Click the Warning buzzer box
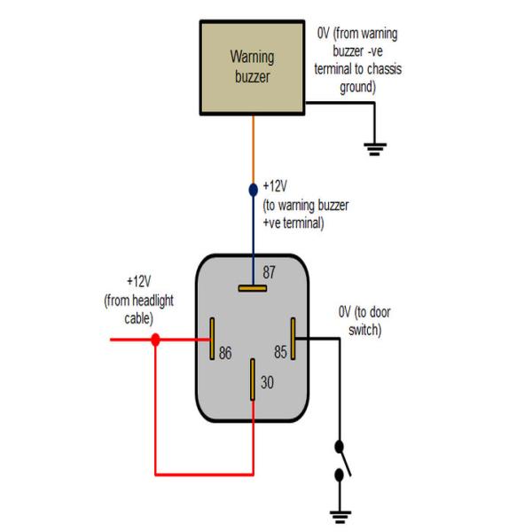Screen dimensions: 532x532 pyautogui.click(x=252, y=68)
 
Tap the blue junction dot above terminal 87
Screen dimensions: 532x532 pyautogui.click(x=253, y=190)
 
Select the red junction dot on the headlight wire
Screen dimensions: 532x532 pyautogui.click(x=155, y=340)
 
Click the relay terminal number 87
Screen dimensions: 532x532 pyautogui.click(x=269, y=272)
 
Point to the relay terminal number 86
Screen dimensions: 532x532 pyautogui.click(x=225, y=353)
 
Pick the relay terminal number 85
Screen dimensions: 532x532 pyautogui.click(x=280, y=352)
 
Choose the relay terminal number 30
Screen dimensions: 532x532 pyautogui.click(x=268, y=382)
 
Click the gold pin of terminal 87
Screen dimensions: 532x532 pyautogui.click(x=253, y=288)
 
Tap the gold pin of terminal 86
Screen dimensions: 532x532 pyautogui.click(x=212, y=339)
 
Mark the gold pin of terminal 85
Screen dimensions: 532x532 pyautogui.click(x=293, y=339)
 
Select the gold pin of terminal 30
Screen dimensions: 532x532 pyautogui.click(x=253, y=379)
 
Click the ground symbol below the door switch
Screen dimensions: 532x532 pyautogui.click(x=340, y=517)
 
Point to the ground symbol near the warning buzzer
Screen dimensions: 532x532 pyautogui.click(x=375, y=149)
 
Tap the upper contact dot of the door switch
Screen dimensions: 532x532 pyautogui.click(x=339, y=447)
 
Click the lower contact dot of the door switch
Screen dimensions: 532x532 pyautogui.click(x=339, y=475)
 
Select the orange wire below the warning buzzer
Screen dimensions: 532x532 pyautogui.click(x=253, y=150)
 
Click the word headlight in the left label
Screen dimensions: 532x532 pyautogui.click(x=153, y=301)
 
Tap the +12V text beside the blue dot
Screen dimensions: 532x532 pyautogui.click(x=275, y=186)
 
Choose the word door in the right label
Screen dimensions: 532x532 pyautogui.click(x=379, y=312)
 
